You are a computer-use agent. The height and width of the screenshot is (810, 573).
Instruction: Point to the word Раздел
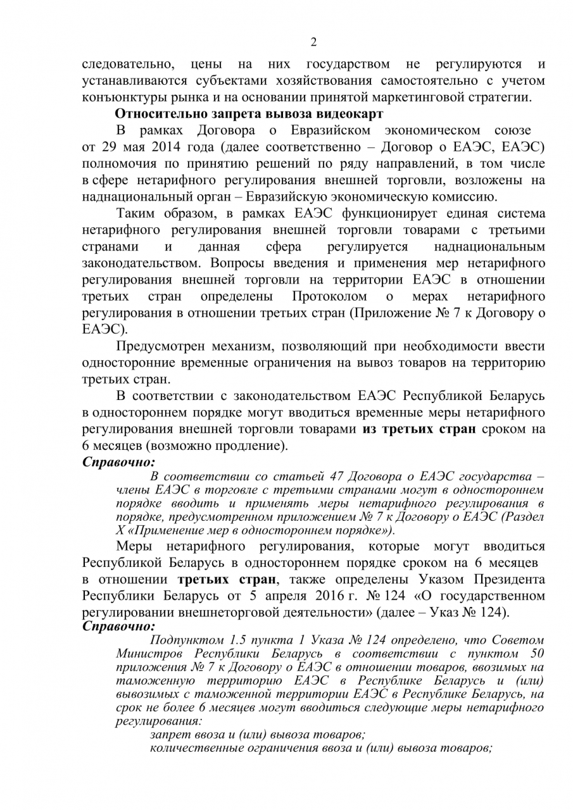click(525, 516)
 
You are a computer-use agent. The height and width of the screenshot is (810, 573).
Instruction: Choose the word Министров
click(151, 652)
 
